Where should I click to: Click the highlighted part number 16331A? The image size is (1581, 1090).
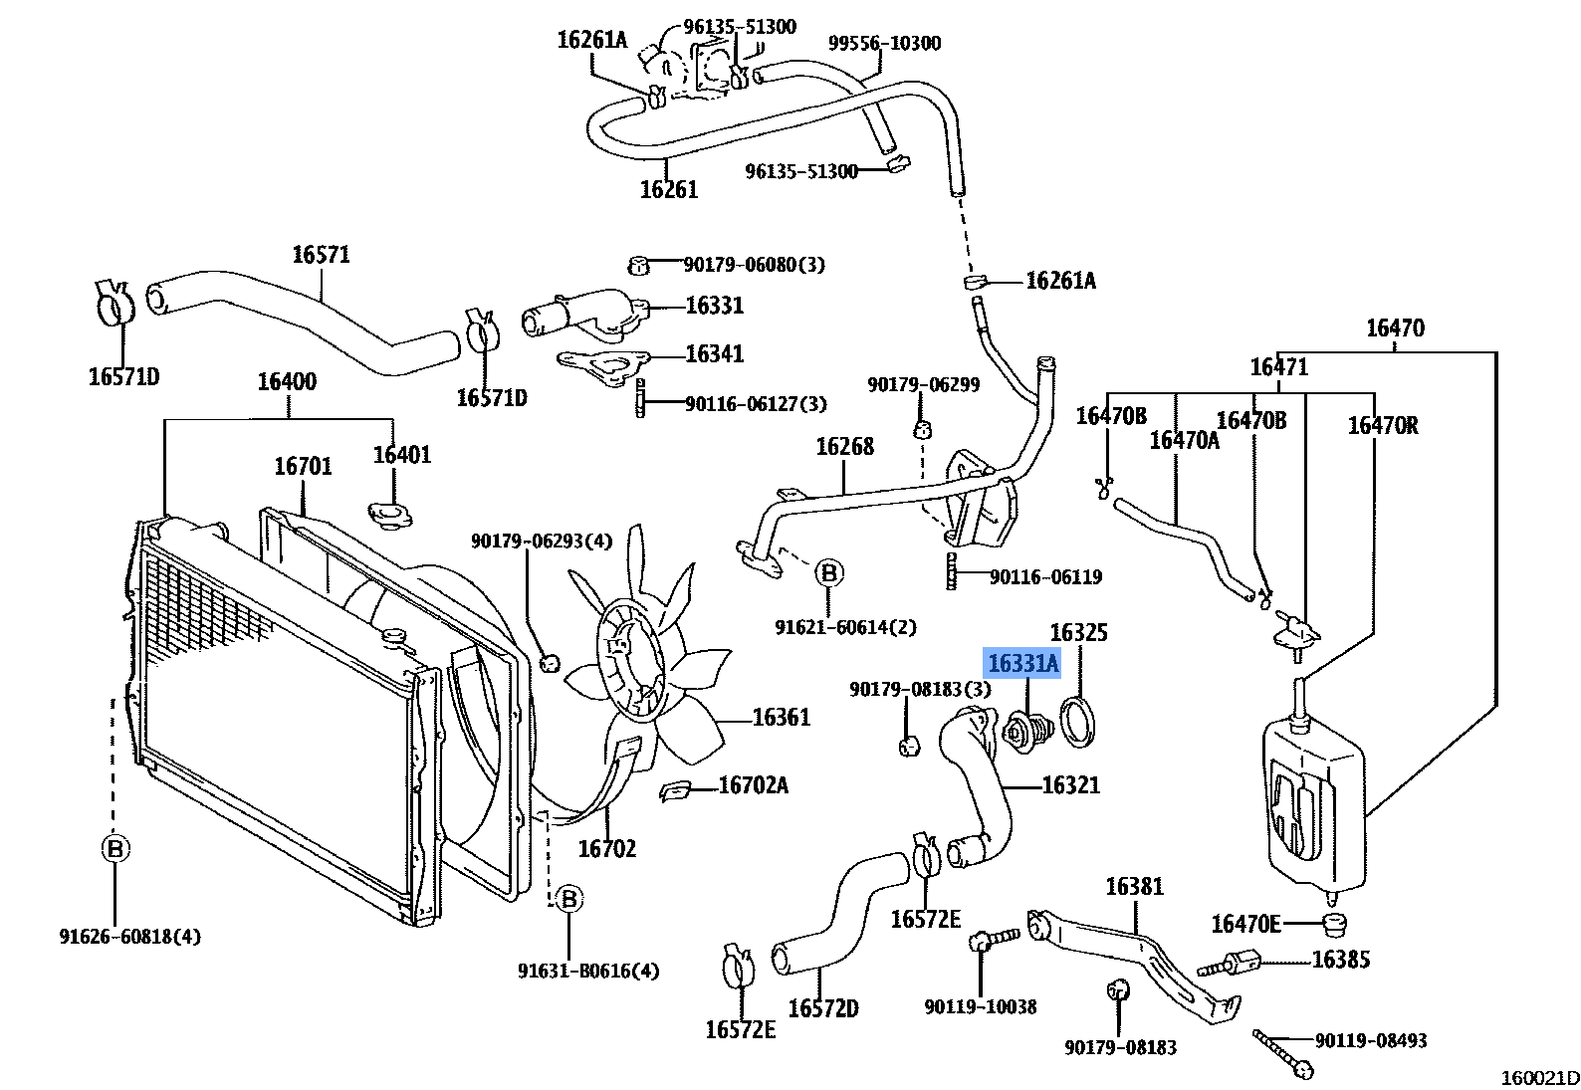[1022, 663]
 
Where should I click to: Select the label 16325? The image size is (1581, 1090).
[1078, 633]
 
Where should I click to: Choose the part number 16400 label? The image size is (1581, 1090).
[287, 381]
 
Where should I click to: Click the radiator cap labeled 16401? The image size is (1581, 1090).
[388, 515]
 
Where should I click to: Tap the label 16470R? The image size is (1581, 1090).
[1382, 426]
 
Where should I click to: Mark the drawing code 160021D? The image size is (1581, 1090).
[1540, 1077]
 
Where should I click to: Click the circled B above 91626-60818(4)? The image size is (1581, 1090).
[114, 849]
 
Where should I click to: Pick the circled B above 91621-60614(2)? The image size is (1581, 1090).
[828, 572]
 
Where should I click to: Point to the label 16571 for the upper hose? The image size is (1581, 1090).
[321, 255]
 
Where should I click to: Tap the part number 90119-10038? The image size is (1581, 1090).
[980, 1006]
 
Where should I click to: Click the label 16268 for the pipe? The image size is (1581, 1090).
[844, 447]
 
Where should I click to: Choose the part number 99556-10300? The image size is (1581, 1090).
[884, 43]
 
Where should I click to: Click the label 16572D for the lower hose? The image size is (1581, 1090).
[822, 1008]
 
